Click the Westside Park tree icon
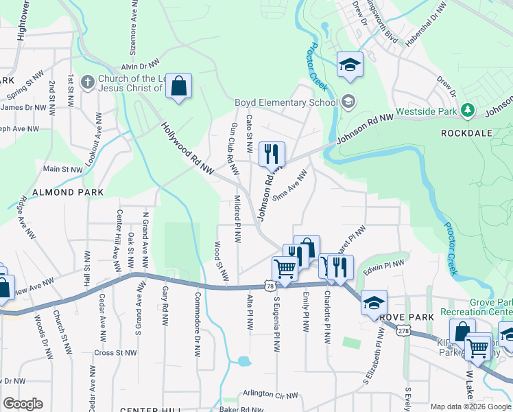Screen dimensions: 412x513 [x=468, y=109]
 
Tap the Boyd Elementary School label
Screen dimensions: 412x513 [x=286, y=103]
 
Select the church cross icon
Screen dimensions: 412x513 [x=87, y=82]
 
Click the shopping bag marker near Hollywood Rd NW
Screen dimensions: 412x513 [x=178, y=87]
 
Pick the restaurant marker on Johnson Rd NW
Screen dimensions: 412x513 [x=272, y=154]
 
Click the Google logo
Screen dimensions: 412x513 [x=23, y=404]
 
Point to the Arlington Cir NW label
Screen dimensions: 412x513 [x=271, y=395]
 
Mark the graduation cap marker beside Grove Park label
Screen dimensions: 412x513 [x=374, y=303]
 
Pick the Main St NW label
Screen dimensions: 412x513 [x=62, y=168]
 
